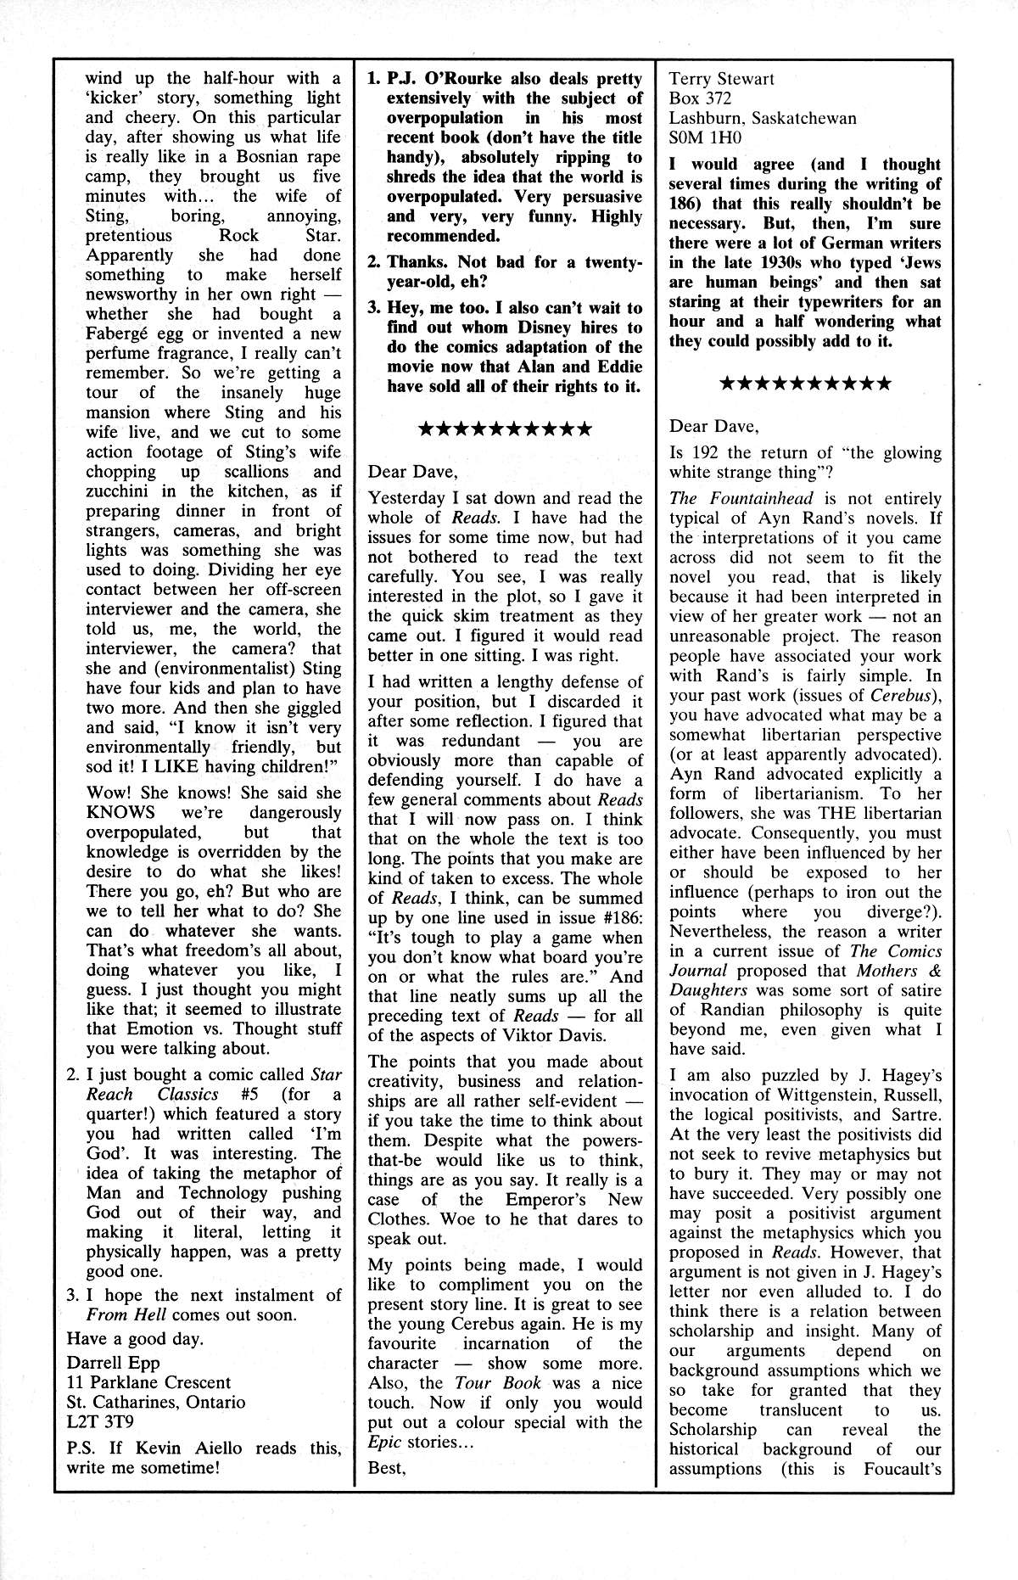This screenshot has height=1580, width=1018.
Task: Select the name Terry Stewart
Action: point(722,79)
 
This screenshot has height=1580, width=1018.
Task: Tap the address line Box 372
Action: point(702,98)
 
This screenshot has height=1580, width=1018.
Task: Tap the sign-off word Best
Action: point(387,1468)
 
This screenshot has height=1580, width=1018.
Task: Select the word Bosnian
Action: point(274,157)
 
